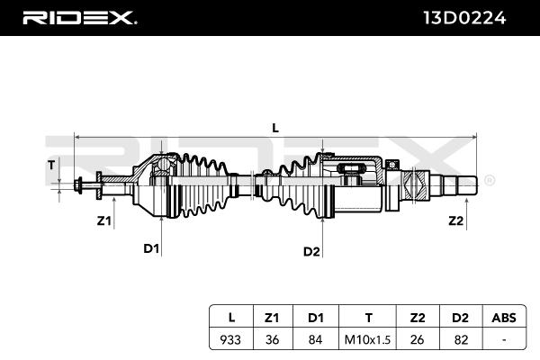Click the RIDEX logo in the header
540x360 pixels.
[78, 17]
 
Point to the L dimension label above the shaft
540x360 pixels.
[275, 128]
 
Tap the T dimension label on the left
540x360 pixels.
[51, 165]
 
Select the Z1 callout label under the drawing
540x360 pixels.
[103, 220]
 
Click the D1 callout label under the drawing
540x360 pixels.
[150, 248]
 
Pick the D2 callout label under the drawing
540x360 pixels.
[311, 251]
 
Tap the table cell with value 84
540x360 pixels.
[315, 340]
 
